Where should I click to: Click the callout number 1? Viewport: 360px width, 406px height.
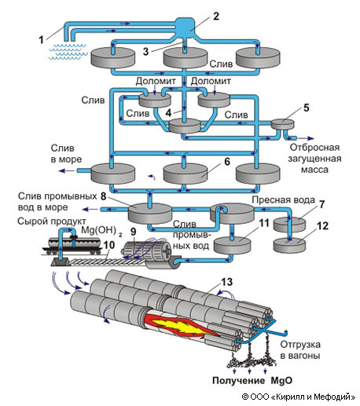[x=41, y=40]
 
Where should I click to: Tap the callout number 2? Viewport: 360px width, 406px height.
[x=215, y=16]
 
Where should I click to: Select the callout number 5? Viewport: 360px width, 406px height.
[x=306, y=108]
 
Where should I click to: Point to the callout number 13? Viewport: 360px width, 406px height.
[x=227, y=282]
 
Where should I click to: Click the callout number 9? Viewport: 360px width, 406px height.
[x=134, y=232]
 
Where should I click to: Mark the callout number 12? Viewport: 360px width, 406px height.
[x=322, y=225]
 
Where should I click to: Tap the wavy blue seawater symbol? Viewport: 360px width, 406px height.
[x=68, y=52]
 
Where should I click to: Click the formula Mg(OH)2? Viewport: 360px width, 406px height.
[x=101, y=231]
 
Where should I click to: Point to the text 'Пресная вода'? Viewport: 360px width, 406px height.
[x=283, y=200]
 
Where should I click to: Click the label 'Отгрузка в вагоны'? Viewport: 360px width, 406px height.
[x=300, y=350]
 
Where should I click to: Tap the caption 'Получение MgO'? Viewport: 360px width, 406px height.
[x=252, y=380]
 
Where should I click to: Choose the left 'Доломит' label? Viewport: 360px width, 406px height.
[x=156, y=81]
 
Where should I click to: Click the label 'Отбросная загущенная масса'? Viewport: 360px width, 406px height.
[x=314, y=159]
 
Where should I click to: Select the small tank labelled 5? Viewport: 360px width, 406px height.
[x=282, y=124]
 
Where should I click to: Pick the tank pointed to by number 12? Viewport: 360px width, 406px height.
[x=289, y=245]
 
